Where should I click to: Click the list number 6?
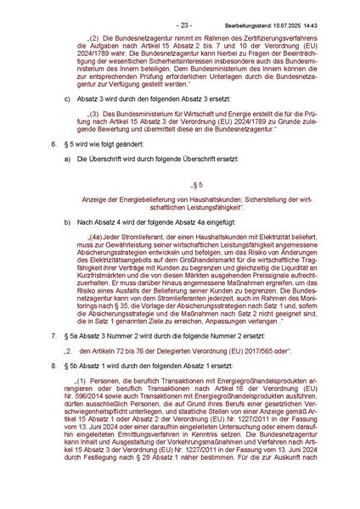53,146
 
